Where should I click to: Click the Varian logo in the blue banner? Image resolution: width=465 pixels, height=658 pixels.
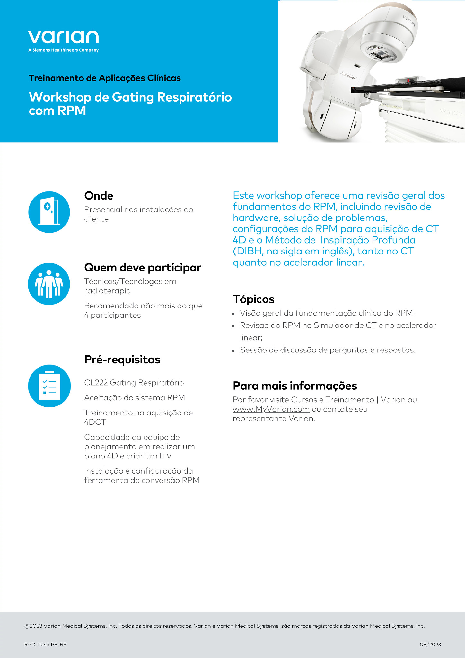click(x=63, y=37)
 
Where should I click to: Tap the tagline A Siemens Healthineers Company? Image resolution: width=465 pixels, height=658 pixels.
click(x=63, y=50)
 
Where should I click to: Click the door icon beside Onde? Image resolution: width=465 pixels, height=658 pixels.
click(x=49, y=212)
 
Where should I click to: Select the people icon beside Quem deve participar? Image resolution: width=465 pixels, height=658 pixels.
click(x=49, y=284)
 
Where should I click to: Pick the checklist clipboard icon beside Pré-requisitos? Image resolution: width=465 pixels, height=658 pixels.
click(x=49, y=386)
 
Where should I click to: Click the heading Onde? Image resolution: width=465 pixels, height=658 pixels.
click(x=99, y=196)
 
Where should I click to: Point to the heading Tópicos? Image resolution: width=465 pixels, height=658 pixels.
click(x=253, y=299)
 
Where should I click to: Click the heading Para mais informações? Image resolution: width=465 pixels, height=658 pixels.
click(x=294, y=386)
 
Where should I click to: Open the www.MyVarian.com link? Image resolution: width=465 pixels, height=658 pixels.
click(x=271, y=409)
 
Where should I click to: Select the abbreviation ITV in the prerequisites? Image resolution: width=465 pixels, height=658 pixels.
click(x=165, y=456)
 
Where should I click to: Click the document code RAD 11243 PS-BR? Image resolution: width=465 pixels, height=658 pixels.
click(x=45, y=644)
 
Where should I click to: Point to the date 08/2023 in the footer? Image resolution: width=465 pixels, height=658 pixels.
click(x=430, y=644)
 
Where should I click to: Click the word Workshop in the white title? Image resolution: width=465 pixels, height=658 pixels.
click(x=60, y=97)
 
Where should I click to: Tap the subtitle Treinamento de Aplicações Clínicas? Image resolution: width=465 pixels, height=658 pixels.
click(x=104, y=78)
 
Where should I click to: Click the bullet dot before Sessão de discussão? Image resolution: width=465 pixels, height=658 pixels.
click(x=233, y=351)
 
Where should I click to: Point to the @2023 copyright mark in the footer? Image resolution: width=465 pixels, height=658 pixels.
click(x=33, y=626)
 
